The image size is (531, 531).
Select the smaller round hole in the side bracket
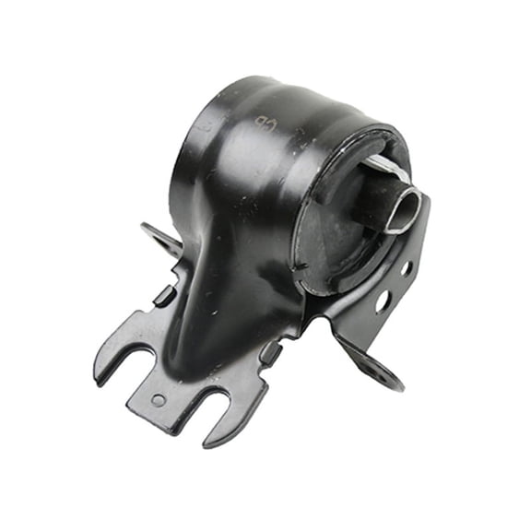pyautogui.click(x=405, y=268)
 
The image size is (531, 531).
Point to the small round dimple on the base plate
pyautogui.click(x=159, y=399)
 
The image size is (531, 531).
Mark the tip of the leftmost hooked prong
pyautogui.click(x=100, y=378)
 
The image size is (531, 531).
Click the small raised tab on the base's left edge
pyautogui.click(x=164, y=295)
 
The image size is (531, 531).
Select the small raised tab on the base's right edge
pyautogui.click(x=270, y=353)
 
